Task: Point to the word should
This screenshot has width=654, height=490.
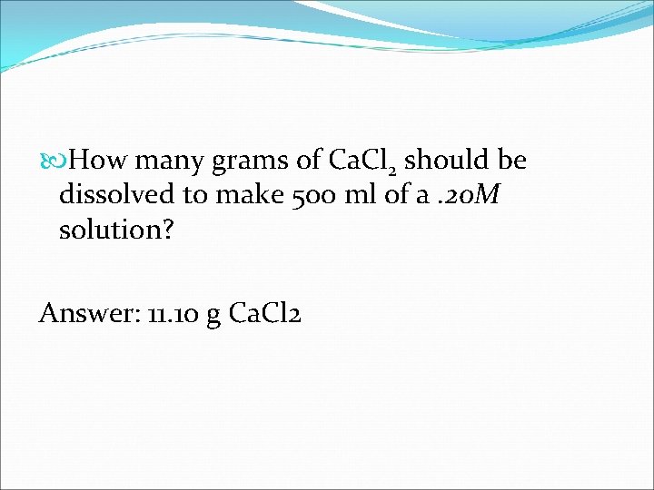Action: pyautogui.click(x=444, y=161)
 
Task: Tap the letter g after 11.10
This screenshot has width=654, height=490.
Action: pyautogui.click(x=214, y=317)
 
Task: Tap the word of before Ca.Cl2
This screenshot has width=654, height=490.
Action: pyautogui.click(x=308, y=161)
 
